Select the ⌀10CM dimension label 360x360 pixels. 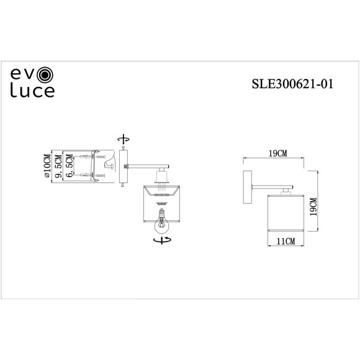click(x=47, y=166)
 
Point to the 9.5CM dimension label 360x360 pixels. click(x=60, y=166)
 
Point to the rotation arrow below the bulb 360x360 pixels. click(x=163, y=240)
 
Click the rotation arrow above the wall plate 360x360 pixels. click(x=124, y=138)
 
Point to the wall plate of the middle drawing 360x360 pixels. click(x=124, y=166)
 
